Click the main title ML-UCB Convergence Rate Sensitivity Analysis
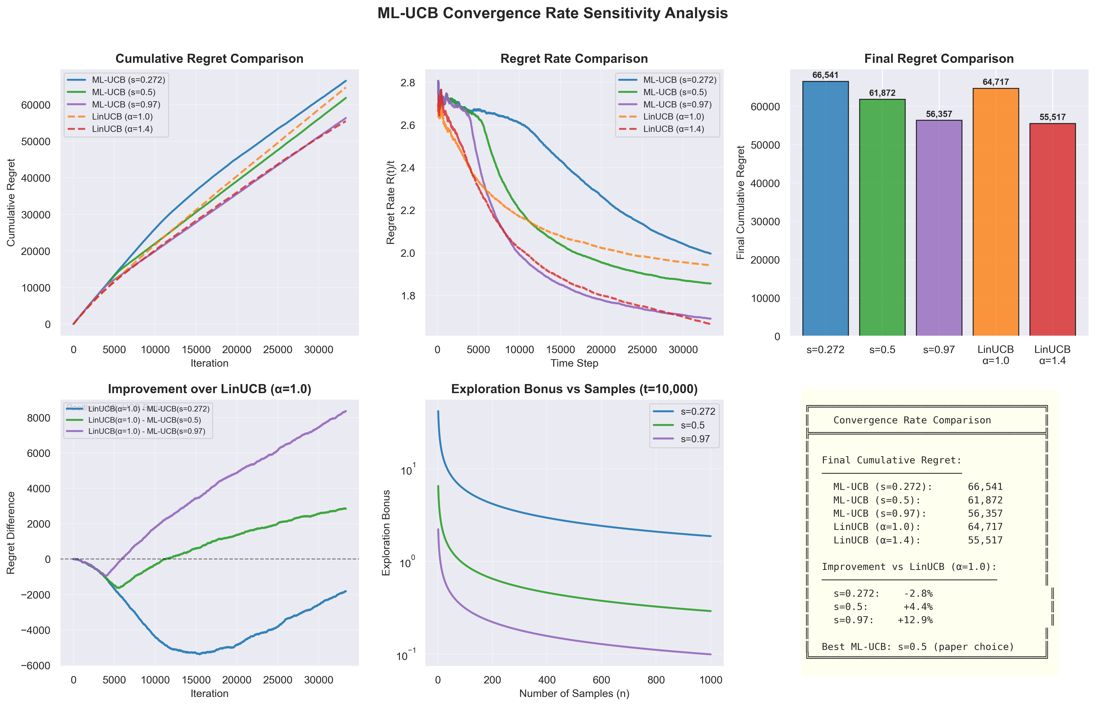click(x=552, y=13)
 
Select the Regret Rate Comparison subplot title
click(x=574, y=59)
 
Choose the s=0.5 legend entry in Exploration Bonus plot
click(x=692, y=425)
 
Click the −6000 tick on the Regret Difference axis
click(x=35, y=666)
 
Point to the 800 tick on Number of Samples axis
click(x=656, y=680)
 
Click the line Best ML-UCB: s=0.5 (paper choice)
click(x=918, y=647)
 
